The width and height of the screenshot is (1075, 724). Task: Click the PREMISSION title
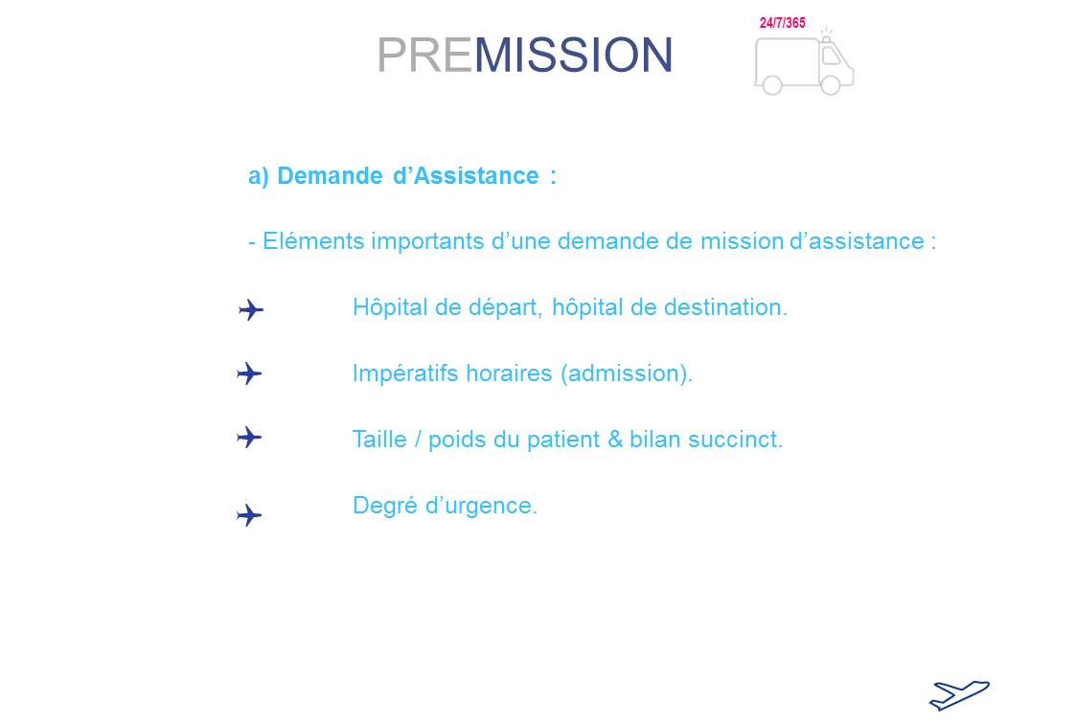525,55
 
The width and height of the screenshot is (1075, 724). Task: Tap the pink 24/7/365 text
782,23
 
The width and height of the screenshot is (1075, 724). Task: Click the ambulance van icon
804,62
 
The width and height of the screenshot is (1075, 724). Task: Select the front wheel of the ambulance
831,85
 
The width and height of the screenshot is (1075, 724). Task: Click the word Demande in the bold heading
330,176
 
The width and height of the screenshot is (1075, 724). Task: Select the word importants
428,241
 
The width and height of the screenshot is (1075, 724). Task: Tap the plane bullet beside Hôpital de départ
251,310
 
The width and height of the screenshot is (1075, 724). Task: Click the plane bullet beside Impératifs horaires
249,374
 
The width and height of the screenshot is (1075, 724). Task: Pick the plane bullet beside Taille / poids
249,437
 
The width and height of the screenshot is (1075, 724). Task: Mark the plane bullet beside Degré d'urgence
249,515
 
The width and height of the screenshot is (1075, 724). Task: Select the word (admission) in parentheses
627,374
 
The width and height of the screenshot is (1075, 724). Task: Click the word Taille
379,440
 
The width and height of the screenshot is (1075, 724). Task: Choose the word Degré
384,507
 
